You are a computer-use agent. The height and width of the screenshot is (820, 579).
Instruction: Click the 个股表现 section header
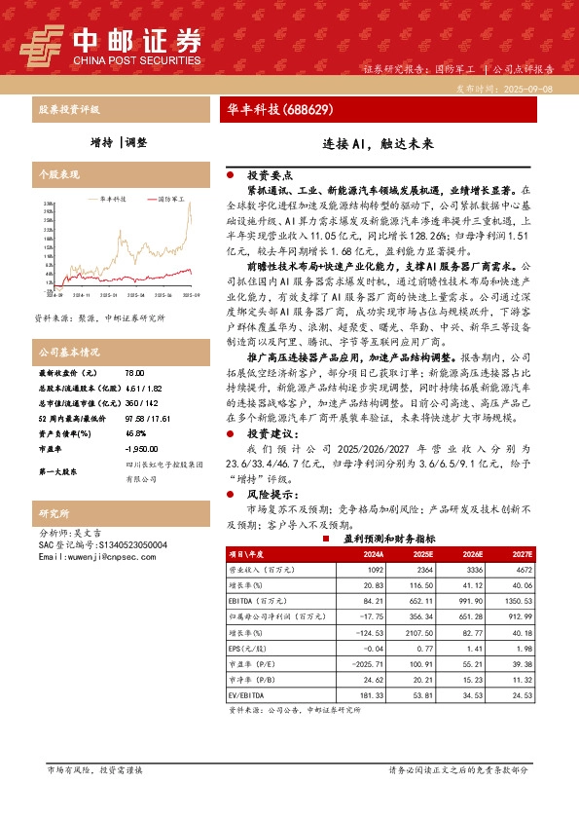tap(59, 174)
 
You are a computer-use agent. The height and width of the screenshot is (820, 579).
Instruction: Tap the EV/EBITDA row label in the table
tap(249, 694)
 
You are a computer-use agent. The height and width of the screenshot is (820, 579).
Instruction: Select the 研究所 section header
tap(54, 512)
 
